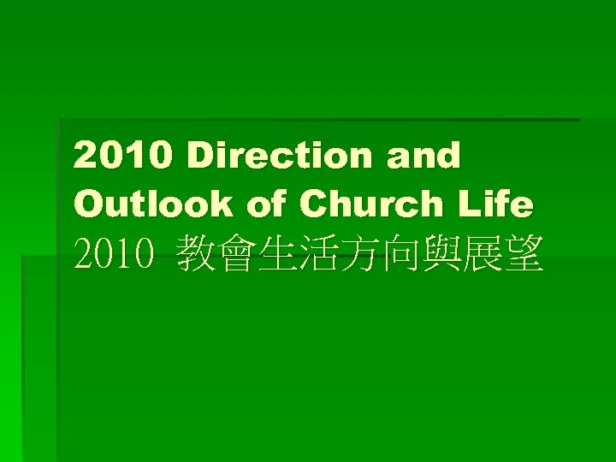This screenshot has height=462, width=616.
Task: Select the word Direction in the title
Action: [280, 157]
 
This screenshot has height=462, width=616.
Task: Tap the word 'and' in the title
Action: [423, 157]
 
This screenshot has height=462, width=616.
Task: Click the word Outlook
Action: [153, 204]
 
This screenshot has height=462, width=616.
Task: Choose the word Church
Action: [373, 204]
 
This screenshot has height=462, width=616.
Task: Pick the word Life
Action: [499, 204]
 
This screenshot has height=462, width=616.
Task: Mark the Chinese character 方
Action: [358, 255]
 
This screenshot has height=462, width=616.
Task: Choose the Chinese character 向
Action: [399, 255]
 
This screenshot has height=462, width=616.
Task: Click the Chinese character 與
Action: [440, 255]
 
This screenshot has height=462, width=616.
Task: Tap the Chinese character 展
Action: [481, 255]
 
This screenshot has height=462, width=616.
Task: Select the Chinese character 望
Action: [522, 255]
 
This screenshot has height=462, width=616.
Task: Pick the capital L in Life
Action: [473, 204]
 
